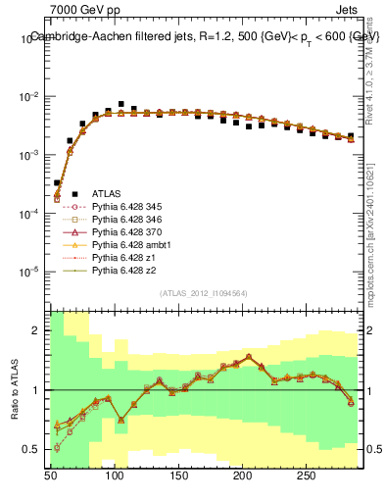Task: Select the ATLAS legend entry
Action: [105, 194]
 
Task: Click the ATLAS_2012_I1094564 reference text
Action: [203, 293]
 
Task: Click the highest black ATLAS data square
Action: [121, 104]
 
